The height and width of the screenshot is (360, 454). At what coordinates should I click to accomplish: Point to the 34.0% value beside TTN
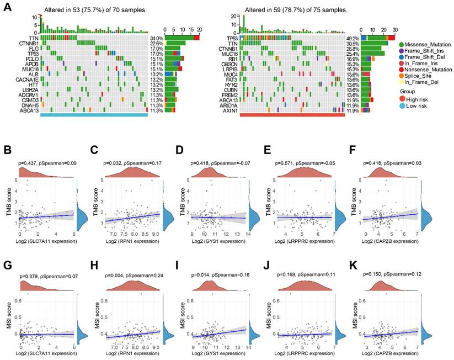[x=157, y=38]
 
